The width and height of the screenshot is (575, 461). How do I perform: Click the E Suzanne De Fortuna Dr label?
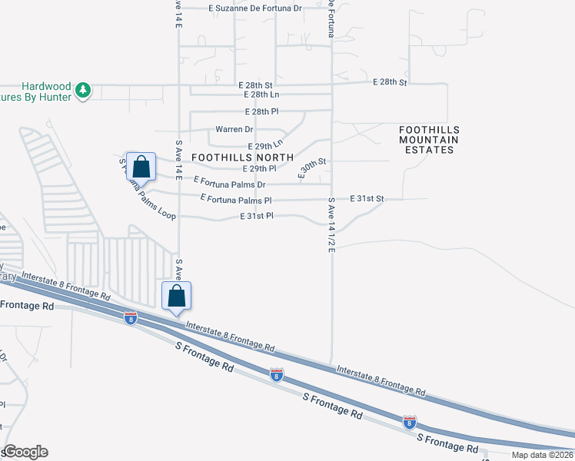tap(256, 8)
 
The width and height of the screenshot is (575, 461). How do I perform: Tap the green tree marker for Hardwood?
tap(83, 91)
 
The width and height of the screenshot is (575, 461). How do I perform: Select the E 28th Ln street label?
tap(261, 95)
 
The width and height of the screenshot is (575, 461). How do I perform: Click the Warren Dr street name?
tap(234, 129)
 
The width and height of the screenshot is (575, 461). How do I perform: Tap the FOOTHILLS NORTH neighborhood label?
tap(242, 157)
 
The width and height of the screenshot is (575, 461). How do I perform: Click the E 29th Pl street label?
tap(258, 168)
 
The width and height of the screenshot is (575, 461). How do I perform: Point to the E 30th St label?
tap(313, 164)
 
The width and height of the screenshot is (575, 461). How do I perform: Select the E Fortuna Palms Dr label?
tap(229, 182)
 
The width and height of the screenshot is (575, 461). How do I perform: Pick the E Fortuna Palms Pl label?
tap(236, 199)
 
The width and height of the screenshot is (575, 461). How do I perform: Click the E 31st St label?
tap(366, 198)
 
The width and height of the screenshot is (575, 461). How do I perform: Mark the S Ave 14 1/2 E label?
tap(332, 225)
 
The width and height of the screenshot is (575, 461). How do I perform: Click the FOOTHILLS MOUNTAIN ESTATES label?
tap(429, 140)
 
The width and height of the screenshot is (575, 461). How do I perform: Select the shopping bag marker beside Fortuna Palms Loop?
tap(141, 166)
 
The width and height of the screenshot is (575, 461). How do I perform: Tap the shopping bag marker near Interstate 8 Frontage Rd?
tap(176, 296)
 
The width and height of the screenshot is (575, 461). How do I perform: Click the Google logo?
tap(25, 452)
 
